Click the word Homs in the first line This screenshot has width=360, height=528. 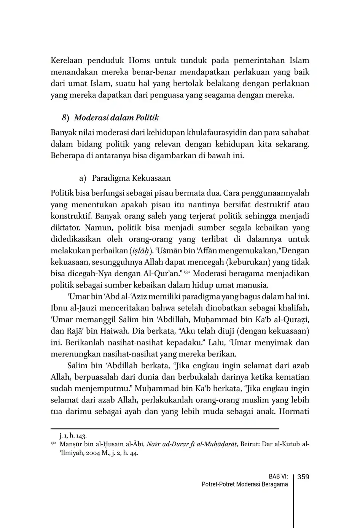(139, 60)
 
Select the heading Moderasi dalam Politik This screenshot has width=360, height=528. (116, 118)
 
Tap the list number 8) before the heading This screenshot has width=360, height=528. (65, 118)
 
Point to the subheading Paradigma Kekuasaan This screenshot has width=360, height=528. (131, 178)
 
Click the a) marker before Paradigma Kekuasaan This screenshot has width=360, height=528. (83, 178)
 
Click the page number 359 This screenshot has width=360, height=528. (303, 477)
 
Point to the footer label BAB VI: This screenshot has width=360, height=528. (278, 477)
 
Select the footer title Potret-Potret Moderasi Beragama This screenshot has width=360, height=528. (245, 485)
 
